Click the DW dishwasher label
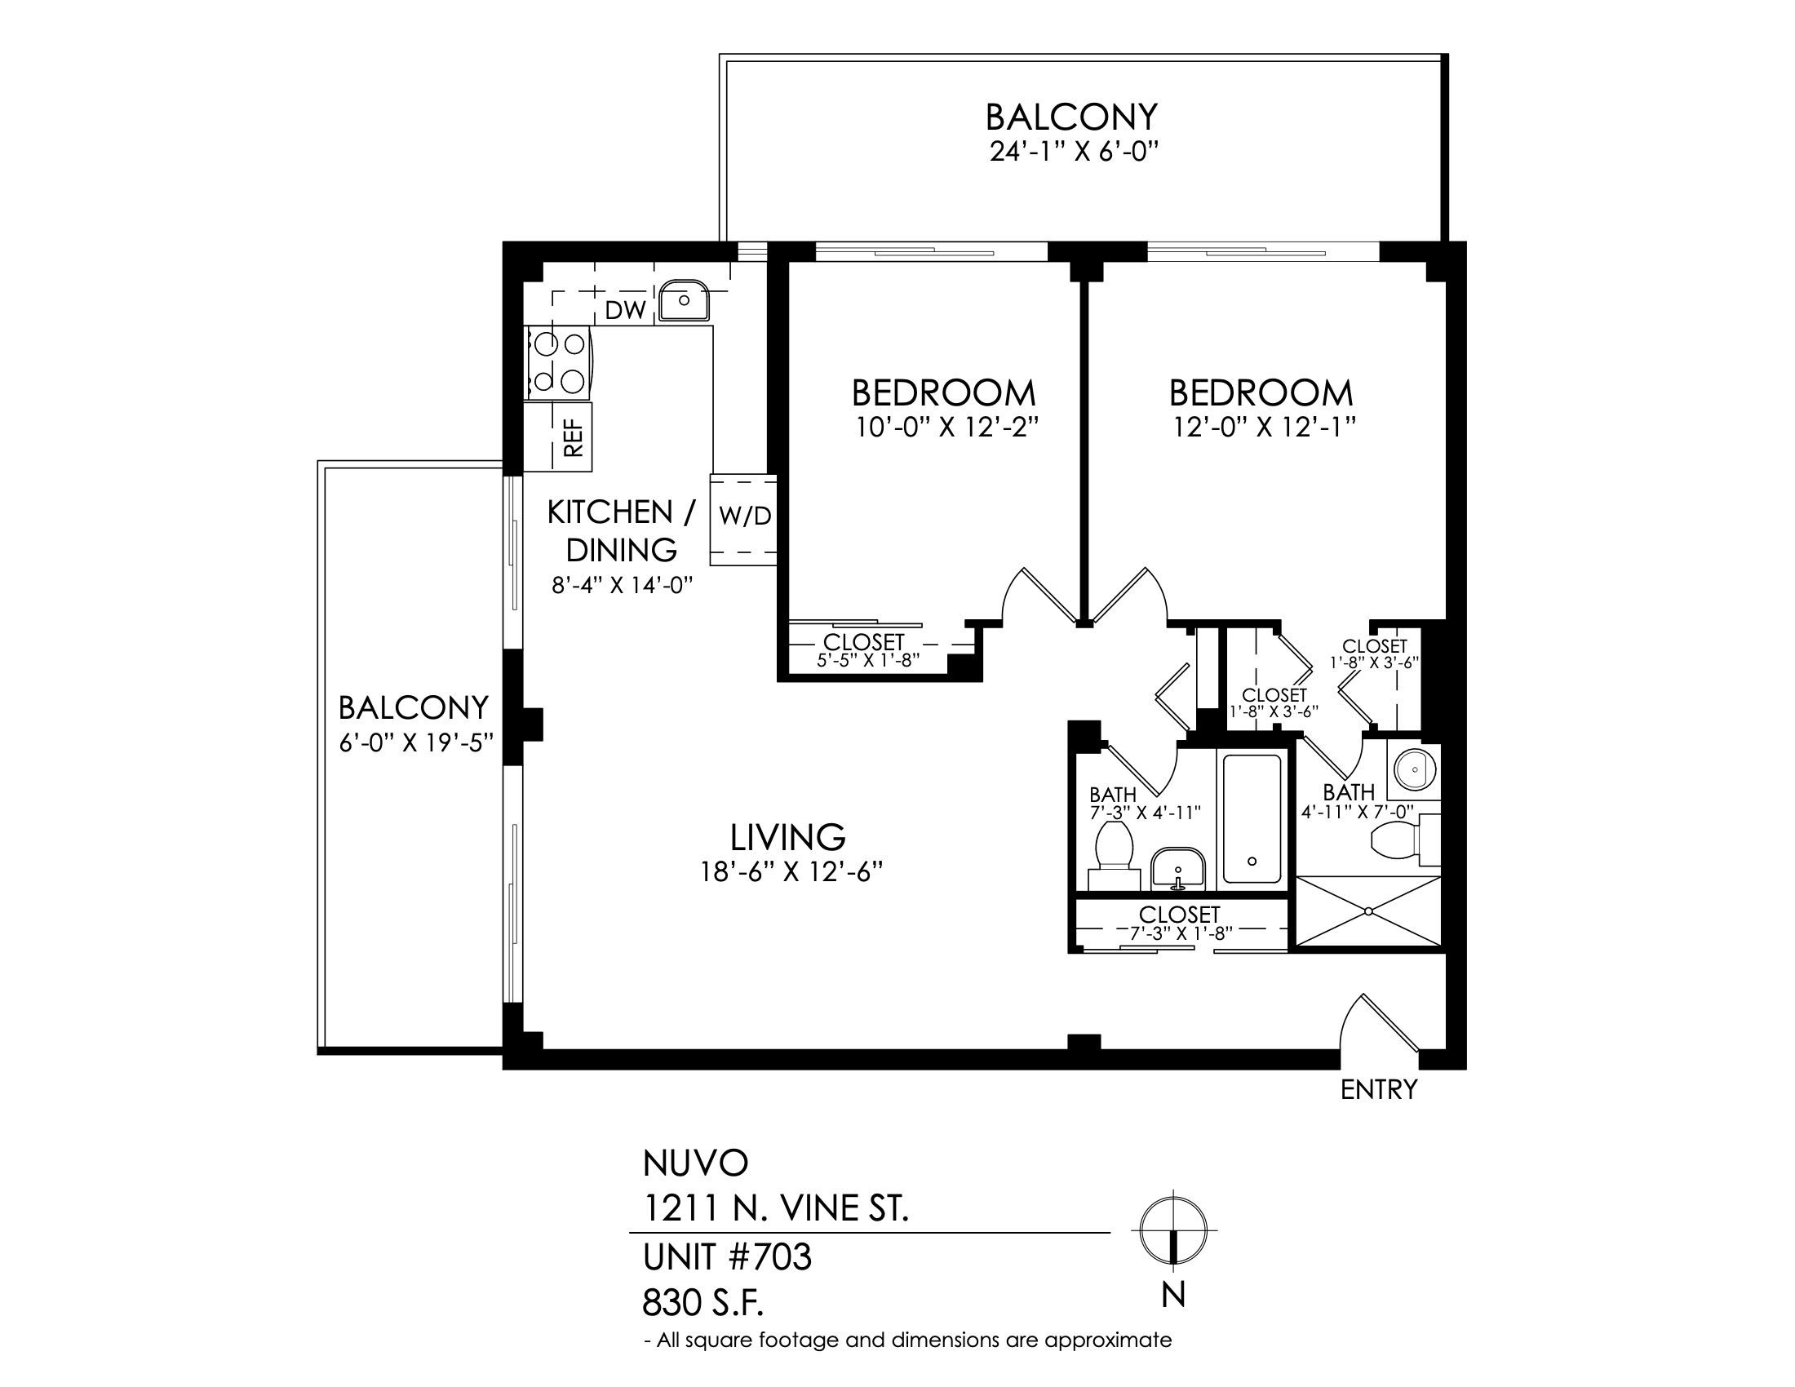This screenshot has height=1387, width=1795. (626, 311)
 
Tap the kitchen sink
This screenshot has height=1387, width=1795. (684, 300)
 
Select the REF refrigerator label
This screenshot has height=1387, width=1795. (574, 437)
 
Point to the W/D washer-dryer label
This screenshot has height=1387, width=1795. (746, 516)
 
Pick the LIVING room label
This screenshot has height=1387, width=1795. (788, 837)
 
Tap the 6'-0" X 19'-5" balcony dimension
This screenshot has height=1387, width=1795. (416, 742)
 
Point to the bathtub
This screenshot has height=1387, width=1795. (1252, 818)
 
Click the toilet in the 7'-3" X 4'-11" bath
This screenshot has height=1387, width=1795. (1114, 854)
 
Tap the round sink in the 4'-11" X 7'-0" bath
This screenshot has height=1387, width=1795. (1415, 770)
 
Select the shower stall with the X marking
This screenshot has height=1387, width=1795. (1368, 911)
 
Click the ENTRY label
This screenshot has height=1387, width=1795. (1379, 1089)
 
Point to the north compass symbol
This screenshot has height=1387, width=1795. (1173, 1230)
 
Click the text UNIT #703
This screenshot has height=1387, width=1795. (727, 1257)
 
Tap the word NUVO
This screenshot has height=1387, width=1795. (695, 1163)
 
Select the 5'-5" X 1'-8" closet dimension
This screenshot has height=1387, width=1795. (868, 660)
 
